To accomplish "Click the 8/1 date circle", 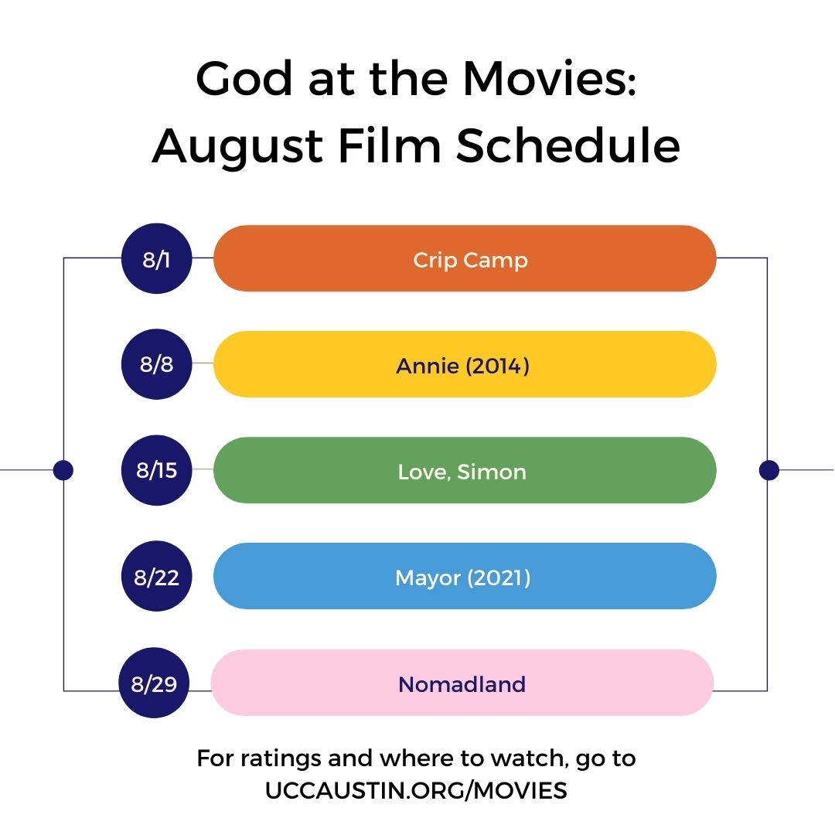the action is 156,258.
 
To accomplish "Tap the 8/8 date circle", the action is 156,364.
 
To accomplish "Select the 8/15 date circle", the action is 156,470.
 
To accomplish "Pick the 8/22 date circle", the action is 156,576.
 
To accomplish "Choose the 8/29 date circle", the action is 154,683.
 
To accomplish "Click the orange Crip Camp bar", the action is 465,258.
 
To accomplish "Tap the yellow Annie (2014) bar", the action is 465,364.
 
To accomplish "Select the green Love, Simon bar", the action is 465,470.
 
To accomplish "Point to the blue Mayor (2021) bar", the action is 465,576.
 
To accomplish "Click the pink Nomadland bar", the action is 462,683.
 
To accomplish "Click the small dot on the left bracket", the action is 63,470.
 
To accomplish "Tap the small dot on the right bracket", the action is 769,470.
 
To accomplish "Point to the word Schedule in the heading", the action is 568,145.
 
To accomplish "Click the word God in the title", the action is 244,78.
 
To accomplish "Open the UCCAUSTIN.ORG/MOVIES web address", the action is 416,790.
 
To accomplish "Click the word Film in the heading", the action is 390,145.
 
